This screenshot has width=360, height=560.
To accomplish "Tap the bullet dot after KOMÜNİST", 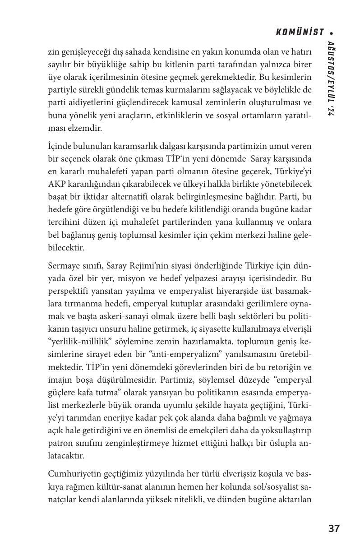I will click(x=332, y=33).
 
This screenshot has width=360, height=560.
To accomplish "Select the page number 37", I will click(x=334, y=528).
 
